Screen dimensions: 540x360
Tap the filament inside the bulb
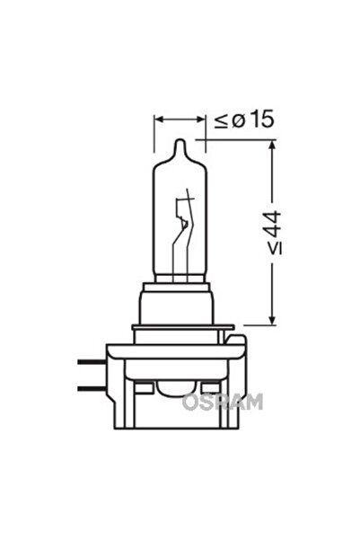[186, 220]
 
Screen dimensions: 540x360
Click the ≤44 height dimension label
[273, 233]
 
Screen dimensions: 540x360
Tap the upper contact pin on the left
[91, 361]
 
